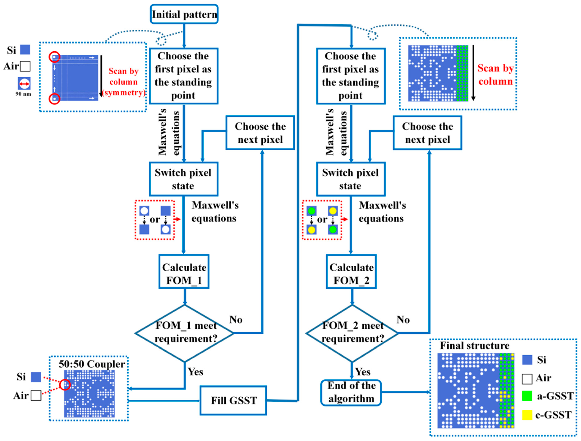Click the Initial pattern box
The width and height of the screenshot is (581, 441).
[184, 14]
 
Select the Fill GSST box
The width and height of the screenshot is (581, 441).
[233, 400]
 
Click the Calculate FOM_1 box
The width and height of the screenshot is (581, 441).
[184, 274]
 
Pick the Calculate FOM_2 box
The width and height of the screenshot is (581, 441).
[351, 274]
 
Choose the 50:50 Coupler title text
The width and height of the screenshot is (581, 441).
[92, 364]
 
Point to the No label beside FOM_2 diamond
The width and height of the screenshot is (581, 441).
[403, 319]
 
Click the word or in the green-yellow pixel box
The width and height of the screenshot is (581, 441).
[322, 219]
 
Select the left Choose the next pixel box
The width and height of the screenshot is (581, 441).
[260, 133]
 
